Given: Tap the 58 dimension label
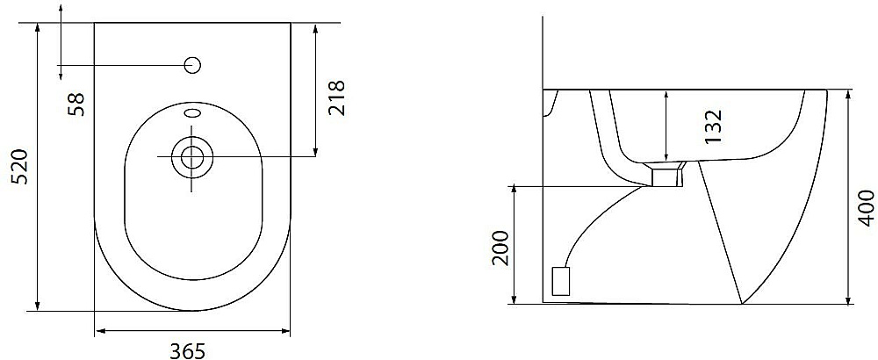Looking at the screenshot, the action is [x=76, y=104].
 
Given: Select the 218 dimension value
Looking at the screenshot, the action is [x=336, y=98].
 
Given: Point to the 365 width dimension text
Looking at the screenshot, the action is [x=187, y=351].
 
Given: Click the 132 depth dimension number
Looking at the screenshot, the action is [x=713, y=126].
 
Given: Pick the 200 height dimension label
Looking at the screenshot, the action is [x=501, y=248].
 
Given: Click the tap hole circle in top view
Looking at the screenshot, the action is [x=192, y=65].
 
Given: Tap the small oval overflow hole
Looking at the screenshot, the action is [x=192, y=114].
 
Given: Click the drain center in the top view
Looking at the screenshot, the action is [x=192, y=156].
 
